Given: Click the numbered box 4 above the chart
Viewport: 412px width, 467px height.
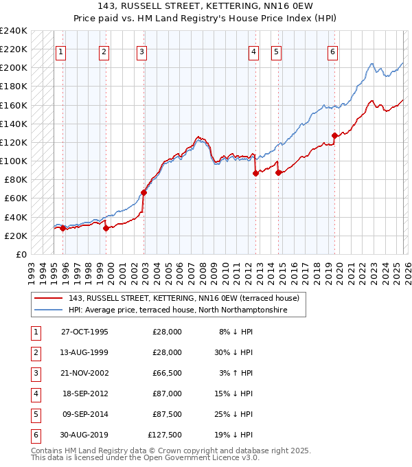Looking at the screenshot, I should pos(253,52).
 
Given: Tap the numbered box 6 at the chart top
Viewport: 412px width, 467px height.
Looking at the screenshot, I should pos(332,52).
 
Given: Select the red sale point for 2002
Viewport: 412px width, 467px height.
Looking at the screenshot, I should pos(144,192).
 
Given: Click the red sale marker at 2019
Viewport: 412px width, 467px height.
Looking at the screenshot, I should pos(334,135).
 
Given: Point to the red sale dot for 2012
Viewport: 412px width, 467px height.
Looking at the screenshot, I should pos(255,173).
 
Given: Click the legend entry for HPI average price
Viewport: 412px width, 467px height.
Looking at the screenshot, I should pos(177,310).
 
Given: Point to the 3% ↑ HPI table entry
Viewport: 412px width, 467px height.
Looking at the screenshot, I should pos(237,374).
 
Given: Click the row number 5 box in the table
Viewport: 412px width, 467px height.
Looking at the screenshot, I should pos(34,415).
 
